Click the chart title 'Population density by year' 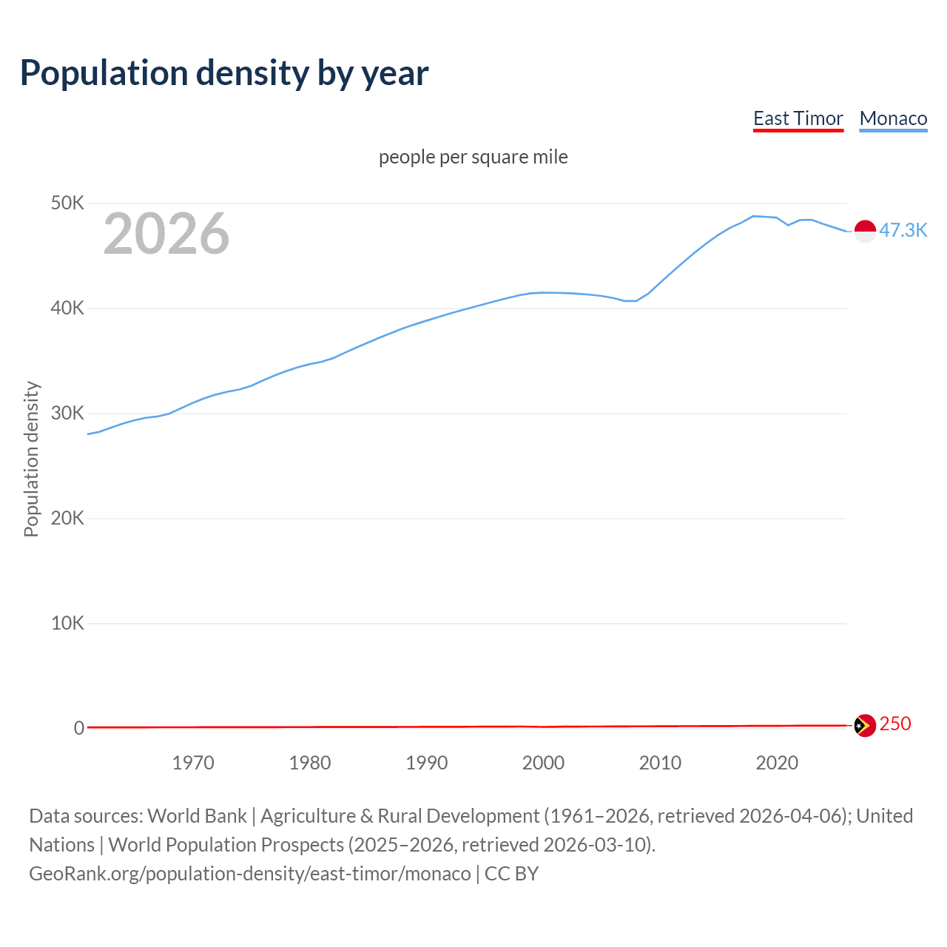[224, 73]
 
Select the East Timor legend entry [798, 118]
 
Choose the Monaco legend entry [893, 118]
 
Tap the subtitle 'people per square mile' [473, 157]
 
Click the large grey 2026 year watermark [166, 234]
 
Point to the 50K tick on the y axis [67, 203]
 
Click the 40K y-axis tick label [67, 308]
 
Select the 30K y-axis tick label [67, 413]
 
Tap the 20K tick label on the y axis [67, 518]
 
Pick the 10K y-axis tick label [67, 623]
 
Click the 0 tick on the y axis [78, 728]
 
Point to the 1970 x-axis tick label [193, 763]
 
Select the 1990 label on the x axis [427, 763]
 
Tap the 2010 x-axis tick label [660, 763]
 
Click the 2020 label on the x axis [777, 763]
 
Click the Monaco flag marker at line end [865, 231]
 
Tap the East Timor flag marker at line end [865, 725]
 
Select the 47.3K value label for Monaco [903, 230]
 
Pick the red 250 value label [895, 724]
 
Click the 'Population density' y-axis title [31, 459]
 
